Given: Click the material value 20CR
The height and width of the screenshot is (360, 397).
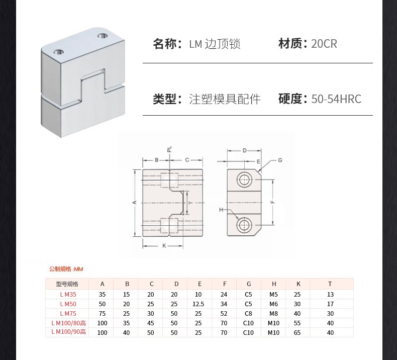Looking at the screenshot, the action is (324, 44).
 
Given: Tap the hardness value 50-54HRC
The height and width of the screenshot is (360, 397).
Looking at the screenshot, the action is (336, 99).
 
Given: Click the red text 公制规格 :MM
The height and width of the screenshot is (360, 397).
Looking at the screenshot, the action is (66, 269).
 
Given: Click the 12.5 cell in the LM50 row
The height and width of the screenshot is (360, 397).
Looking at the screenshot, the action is (200, 304).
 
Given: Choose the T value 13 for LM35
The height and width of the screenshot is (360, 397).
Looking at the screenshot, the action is (330, 294).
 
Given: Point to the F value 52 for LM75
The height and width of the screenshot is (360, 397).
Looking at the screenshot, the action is (224, 313).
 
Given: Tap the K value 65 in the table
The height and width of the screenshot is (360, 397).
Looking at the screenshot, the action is (299, 332).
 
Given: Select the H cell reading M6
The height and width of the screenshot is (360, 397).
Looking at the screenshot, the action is (274, 304).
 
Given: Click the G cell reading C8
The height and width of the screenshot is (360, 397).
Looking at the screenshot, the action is (248, 313).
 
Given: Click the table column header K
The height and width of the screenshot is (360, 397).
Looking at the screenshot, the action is (299, 284).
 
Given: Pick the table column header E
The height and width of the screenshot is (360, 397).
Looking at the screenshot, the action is (200, 284).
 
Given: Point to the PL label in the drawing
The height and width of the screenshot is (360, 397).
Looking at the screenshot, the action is (170, 149).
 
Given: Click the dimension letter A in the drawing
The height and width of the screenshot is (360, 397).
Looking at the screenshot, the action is (135, 202).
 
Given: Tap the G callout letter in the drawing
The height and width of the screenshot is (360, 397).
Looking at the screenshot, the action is (280, 160).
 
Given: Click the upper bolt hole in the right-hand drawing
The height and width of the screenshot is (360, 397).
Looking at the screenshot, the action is (245, 179).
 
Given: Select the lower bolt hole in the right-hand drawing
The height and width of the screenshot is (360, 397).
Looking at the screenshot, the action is (245, 225).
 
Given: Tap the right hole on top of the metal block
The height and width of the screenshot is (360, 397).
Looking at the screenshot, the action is (103, 36).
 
